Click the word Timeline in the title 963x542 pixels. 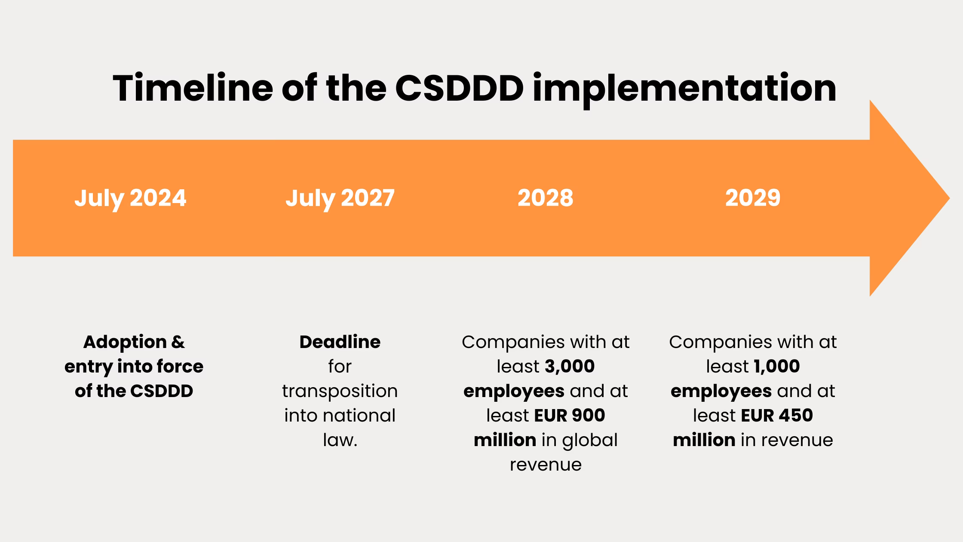pyautogui.click(x=193, y=88)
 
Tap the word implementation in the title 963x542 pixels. pyautogui.click(x=684, y=88)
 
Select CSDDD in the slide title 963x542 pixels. pyautogui.click(x=459, y=88)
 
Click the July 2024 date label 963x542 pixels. pyautogui.click(x=130, y=198)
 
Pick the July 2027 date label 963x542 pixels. pyautogui.click(x=340, y=198)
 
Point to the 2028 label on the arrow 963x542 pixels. pyautogui.click(x=545, y=198)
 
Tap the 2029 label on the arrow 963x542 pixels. pyautogui.click(x=753, y=198)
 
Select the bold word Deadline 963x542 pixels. pyautogui.click(x=340, y=342)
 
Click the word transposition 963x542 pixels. pyautogui.click(x=340, y=391)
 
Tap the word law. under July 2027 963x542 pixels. pyautogui.click(x=340, y=440)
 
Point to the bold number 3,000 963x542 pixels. pyautogui.click(x=570, y=366)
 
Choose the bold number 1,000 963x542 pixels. pyautogui.click(x=776, y=366)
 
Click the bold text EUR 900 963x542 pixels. pyautogui.click(x=569, y=416)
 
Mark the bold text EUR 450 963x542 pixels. pyautogui.click(x=777, y=416)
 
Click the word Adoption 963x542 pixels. pyautogui.click(x=125, y=342)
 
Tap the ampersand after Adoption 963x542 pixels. pyautogui.click(x=178, y=342)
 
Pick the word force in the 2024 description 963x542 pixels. pyautogui.click(x=180, y=366)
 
